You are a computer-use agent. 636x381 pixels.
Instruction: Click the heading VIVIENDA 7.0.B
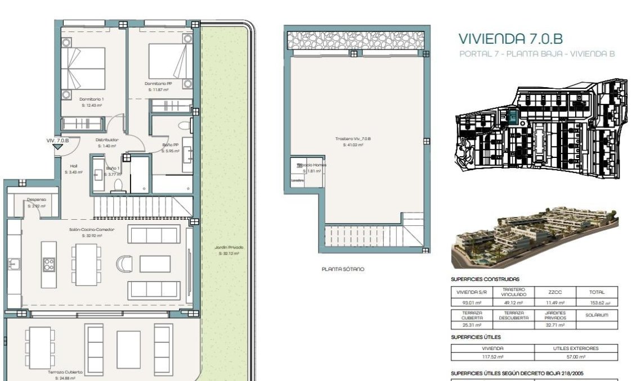point(510,39)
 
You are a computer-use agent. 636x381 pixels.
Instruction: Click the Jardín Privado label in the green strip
point(229,247)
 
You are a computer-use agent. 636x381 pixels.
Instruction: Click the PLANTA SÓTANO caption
point(343,269)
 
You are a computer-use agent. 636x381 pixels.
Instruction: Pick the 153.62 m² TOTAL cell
point(597,303)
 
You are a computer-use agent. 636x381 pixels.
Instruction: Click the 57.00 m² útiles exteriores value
point(576,356)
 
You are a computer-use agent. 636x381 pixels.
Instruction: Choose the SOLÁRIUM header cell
point(597,315)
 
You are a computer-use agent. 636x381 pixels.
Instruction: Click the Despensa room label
point(37,199)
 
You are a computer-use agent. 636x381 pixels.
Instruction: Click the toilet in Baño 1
point(118,186)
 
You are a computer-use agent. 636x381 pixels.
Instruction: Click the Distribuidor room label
point(107,139)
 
